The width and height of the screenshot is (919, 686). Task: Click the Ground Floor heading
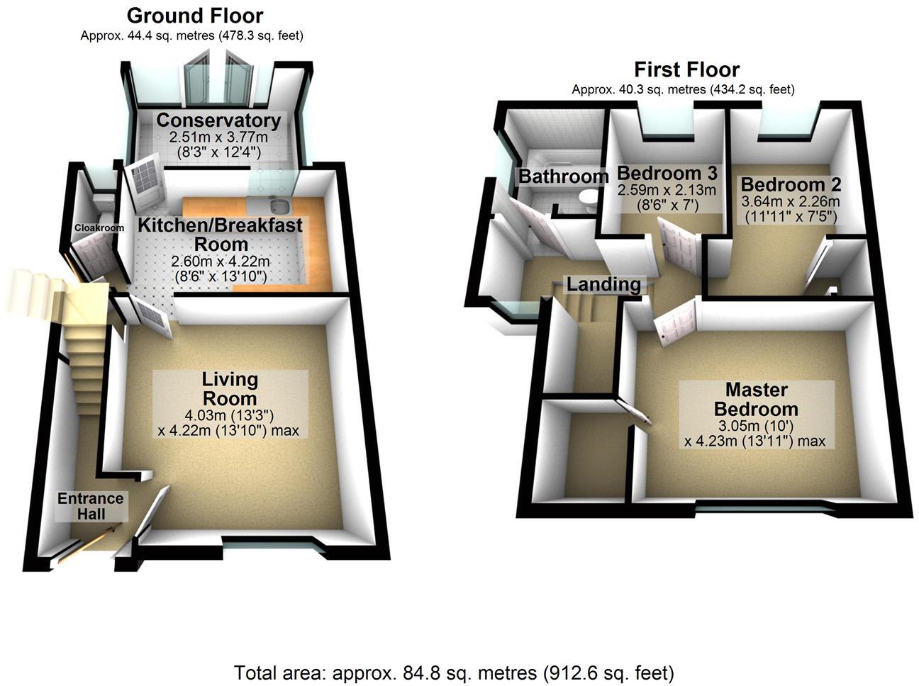[194, 16]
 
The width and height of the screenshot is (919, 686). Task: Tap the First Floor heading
[686, 69]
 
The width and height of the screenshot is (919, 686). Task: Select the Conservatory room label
[218, 120]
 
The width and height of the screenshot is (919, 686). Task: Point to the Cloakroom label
[99, 227]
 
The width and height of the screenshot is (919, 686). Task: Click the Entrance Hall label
[90, 505]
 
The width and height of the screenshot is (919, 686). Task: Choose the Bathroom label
[563, 176]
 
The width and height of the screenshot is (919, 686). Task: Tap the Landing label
[603, 284]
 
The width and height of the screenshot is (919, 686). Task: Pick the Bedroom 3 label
[667, 173]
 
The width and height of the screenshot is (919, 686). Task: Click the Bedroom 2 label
[791, 185]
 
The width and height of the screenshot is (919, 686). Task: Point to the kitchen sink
[281, 206]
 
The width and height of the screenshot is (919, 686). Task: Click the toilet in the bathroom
[588, 198]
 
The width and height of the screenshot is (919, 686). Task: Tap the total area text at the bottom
[454, 672]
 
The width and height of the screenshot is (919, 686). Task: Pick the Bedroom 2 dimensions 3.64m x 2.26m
[790, 201]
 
